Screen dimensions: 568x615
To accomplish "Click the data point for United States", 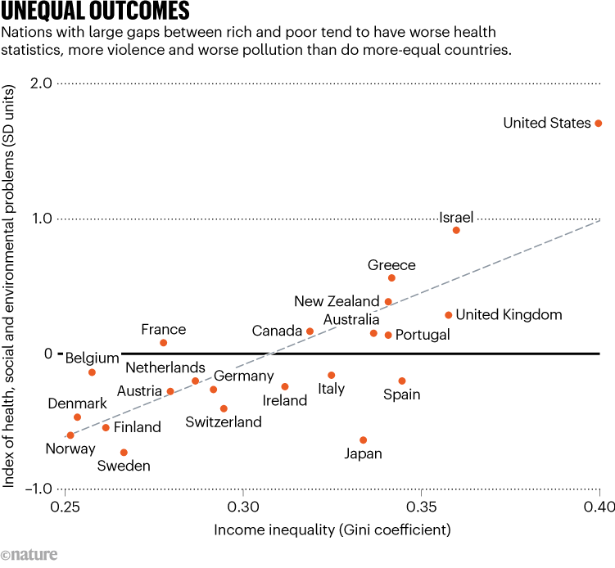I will tap(599, 123).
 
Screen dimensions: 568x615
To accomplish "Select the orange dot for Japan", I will tap(364, 440).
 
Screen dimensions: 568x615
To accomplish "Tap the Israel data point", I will tap(456, 230).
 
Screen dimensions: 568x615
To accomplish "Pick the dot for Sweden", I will tap(124, 452).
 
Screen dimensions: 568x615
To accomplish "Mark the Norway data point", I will tap(70, 435).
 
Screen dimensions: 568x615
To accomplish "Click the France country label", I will tap(164, 330).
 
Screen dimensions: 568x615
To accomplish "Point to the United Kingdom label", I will tap(509, 314).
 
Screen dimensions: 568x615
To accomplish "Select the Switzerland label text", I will tap(224, 422).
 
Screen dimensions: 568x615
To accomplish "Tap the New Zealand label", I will tap(337, 301).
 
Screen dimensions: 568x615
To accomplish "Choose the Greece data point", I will tap(391, 278).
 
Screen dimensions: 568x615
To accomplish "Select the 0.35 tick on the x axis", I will tap(421, 507).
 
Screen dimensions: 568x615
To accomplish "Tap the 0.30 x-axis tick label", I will tap(242, 507).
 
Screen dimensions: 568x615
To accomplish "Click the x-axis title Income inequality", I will tap(332, 530).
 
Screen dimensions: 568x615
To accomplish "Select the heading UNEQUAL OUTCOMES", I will tap(97, 11).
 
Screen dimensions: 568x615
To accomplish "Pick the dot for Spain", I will tap(402, 381).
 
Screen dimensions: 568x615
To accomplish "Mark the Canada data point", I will tap(310, 331).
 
